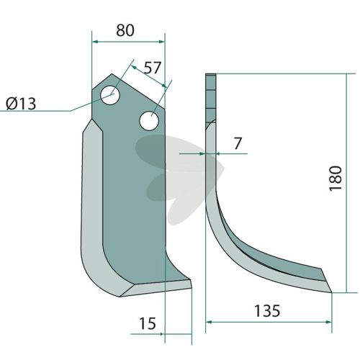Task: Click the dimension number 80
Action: [125, 30]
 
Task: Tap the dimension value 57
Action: [152, 68]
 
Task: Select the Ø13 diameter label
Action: [21, 104]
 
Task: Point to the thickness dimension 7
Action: [238, 143]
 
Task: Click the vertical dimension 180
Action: [336, 179]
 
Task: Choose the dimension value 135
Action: [267, 311]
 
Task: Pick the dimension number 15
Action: [148, 323]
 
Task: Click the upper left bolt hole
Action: [110, 95]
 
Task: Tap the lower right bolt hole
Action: [149, 121]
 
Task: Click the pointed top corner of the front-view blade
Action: [112, 74]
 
